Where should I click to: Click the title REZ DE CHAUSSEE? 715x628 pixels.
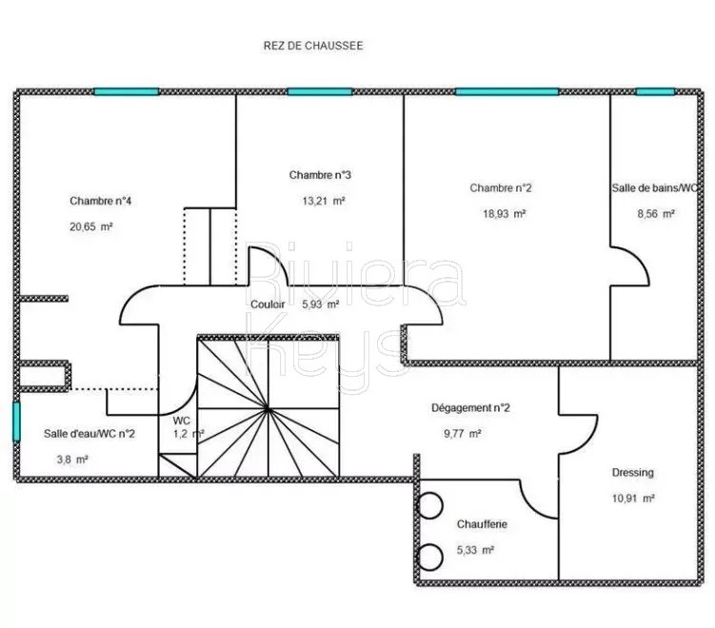313,46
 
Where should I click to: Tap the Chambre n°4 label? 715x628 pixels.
100,201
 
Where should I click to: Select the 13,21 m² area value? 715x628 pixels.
324,201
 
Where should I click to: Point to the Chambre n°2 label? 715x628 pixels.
501,187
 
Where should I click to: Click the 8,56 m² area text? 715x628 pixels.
656,214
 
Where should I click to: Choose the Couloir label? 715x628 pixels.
268,304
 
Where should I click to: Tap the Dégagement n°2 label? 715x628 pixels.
470,408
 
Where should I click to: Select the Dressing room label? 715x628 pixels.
632,473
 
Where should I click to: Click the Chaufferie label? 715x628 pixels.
482,524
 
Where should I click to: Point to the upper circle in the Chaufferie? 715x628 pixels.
430,506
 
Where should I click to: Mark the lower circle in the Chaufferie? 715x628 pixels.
430,557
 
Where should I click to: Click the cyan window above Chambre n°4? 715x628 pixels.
127,91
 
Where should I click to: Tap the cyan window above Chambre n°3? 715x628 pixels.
320,91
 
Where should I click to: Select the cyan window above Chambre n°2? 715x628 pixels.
507,91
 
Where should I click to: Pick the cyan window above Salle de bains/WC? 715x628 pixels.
655,91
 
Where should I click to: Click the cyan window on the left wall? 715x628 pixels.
16,422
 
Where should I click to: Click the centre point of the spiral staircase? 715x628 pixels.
268,410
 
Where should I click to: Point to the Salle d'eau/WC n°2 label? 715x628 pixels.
89,434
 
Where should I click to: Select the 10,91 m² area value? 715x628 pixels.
633,499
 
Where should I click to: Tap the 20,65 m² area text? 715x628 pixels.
91,227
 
